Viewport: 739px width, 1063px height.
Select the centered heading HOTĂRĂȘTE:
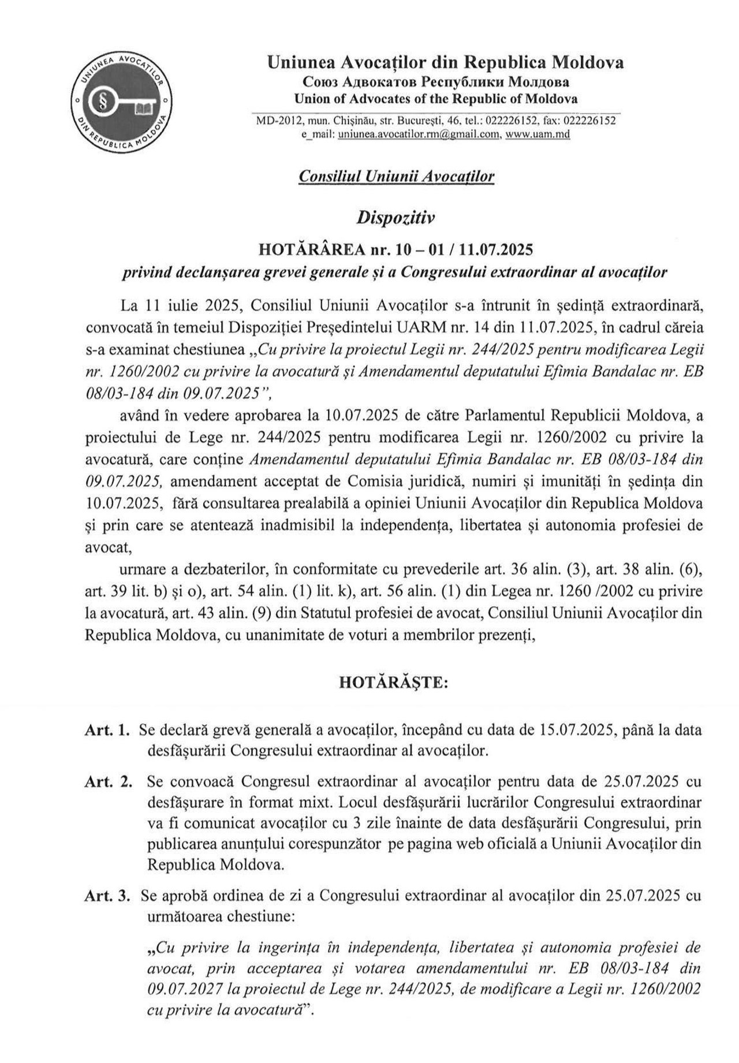coord(394,682)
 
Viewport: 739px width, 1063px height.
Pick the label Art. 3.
coord(107,896)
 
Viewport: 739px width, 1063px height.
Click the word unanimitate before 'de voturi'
coord(284,635)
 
